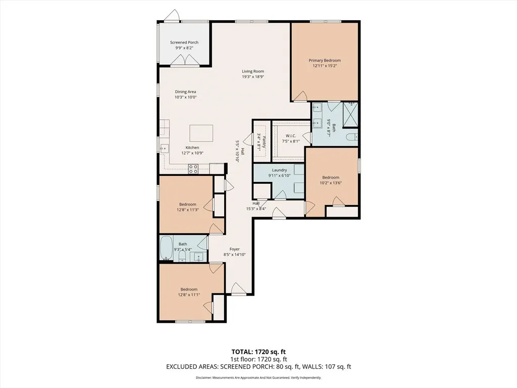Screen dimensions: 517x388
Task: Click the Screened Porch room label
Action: tap(184, 42)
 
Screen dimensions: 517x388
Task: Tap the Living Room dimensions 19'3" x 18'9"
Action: tap(253, 77)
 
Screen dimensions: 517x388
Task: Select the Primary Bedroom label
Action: tap(325, 61)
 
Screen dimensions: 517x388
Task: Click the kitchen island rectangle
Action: tap(201, 133)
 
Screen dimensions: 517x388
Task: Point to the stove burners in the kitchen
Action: tap(193, 169)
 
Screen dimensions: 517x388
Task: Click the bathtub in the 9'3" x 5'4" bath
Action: tap(166, 248)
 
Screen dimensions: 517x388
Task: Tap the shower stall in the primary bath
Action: tap(350, 115)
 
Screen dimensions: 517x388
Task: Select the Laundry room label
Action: tap(279, 170)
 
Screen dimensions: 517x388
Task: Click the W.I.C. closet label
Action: tap(291, 136)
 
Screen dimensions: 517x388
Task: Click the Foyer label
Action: tap(234, 249)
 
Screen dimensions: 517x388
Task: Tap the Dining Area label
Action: tap(185, 92)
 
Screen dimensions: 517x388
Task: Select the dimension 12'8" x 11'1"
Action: tap(189, 295)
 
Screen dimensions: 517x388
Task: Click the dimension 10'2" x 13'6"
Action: tap(331, 183)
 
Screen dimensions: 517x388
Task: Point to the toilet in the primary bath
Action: tap(352, 136)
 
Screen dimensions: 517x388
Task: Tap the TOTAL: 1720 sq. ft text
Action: tap(256, 352)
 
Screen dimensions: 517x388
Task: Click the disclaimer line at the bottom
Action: tap(258, 377)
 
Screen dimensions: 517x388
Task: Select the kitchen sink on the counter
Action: tap(164, 149)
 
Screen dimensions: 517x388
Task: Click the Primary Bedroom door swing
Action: tap(300, 96)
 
